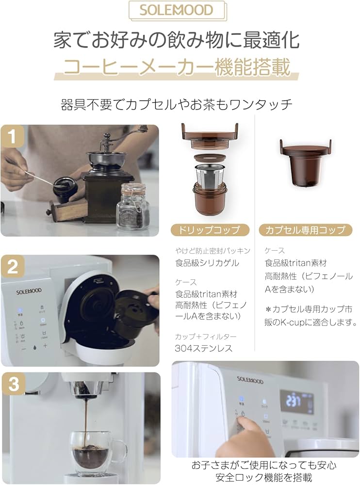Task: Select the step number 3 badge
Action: (14, 385)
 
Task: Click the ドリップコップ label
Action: (210, 230)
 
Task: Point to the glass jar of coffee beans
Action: (132, 206)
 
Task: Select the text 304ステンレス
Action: (204, 348)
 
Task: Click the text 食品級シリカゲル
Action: (207, 263)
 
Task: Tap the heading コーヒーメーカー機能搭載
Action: (177, 67)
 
